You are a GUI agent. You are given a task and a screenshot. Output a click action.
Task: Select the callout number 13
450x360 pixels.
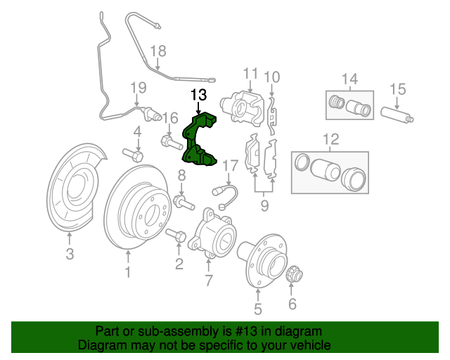coord(199,94)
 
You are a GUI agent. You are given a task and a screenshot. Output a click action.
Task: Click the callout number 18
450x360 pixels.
coord(158,51)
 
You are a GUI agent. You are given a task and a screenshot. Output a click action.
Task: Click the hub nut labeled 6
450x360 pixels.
coord(294,273)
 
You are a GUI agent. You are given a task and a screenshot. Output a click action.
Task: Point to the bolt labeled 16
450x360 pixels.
coord(171,143)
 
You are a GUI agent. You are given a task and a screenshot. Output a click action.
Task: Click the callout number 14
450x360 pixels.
coord(349,78)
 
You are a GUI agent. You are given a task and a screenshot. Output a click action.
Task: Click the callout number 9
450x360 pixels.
coord(264,205)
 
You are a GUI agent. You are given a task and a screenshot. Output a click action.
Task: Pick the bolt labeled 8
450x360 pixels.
coord(184,203)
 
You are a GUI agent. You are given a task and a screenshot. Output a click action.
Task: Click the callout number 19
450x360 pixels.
coord(137,87)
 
